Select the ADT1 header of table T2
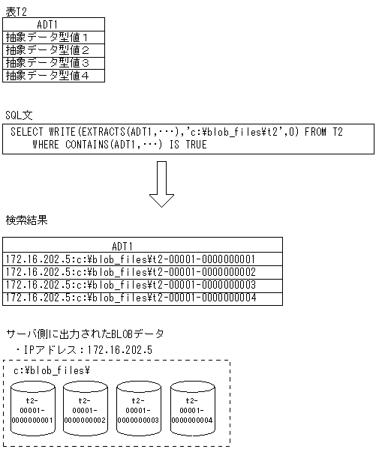[53, 24]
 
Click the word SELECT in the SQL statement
[28, 132]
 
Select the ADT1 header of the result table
[122, 246]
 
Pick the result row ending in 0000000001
[131, 259]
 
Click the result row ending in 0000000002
[131, 272]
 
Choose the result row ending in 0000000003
[131, 285]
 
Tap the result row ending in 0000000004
[131, 298]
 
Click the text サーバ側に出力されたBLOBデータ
[84, 334]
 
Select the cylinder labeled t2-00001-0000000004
[191, 410]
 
